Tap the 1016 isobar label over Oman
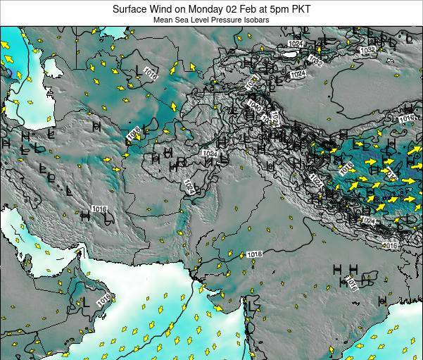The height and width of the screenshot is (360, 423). (x=103, y=300)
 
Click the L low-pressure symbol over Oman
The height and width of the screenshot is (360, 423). (x=85, y=301)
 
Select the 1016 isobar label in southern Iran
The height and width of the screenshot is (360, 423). (x=99, y=209)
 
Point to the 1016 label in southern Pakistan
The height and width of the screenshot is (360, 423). (x=255, y=254)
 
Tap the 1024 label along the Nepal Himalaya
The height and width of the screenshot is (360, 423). (x=368, y=221)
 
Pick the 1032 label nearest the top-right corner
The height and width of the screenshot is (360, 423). (x=367, y=51)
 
